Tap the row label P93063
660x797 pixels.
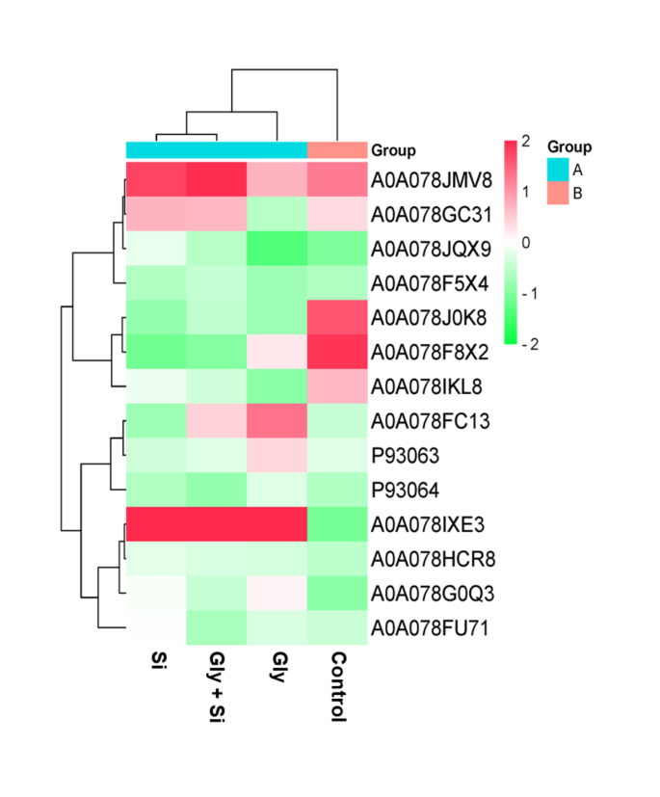tap(403, 456)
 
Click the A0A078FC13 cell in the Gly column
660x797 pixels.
tap(277, 421)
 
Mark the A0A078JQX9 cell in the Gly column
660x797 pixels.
tap(277, 249)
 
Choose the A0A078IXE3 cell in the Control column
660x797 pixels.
tap(337, 525)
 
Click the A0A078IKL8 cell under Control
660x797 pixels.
tap(337, 386)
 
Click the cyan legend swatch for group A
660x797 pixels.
tap(559, 170)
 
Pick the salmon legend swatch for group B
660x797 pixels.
tap(559, 194)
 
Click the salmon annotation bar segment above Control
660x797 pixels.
tap(337, 149)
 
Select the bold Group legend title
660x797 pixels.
tap(569, 146)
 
